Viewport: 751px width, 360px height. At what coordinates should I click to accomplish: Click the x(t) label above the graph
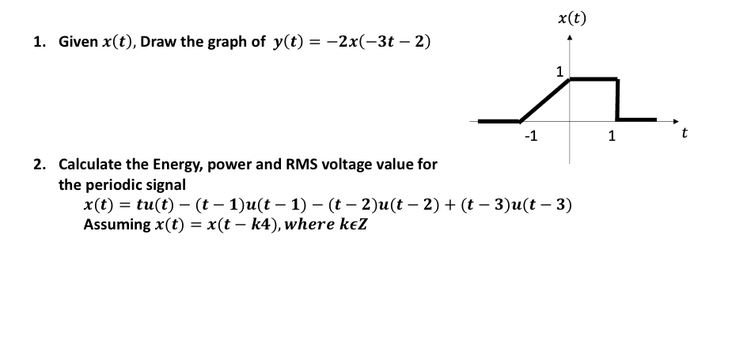571,17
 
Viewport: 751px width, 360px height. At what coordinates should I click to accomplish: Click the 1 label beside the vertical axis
560,72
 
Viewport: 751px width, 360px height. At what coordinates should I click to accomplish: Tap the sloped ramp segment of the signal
545,100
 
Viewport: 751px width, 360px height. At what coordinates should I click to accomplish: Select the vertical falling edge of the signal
617,99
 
